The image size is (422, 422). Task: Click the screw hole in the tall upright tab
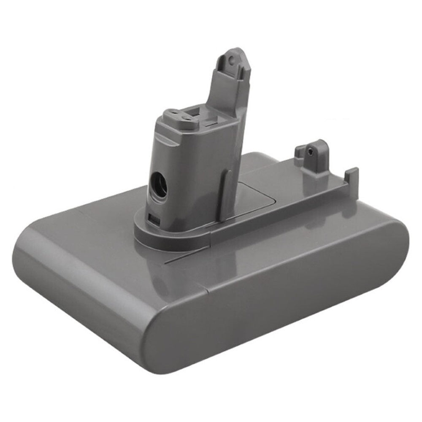coord(231,60)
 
